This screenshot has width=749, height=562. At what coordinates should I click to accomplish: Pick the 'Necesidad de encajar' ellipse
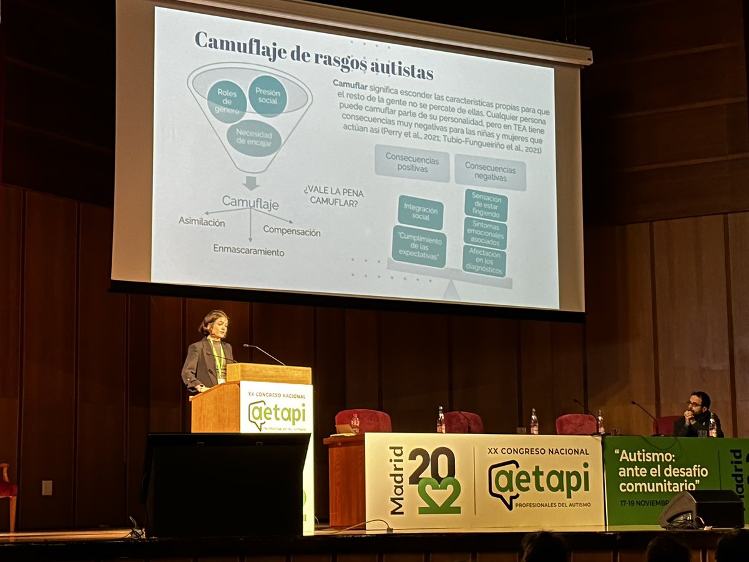[x=253, y=138]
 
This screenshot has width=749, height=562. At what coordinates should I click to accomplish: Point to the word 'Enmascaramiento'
[x=248, y=250]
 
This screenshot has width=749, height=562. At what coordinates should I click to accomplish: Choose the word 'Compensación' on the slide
[x=291, y=230]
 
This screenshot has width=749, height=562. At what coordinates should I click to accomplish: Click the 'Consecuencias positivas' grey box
[x=412, y=163]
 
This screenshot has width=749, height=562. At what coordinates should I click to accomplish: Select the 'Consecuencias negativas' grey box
[x=490, y=172]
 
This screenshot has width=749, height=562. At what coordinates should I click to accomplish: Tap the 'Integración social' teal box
[x=421, y=212]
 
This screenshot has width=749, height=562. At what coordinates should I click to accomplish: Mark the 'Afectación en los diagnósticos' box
[x=484, y=260]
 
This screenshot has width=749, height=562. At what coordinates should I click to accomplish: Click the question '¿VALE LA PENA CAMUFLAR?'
[x=334, y=197]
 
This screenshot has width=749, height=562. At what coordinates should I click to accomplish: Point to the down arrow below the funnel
[x=251, y=182]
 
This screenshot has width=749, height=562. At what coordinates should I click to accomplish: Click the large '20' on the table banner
[x=432, y=465]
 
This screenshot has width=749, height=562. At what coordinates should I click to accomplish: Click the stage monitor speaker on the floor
[x=701, y=508]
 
